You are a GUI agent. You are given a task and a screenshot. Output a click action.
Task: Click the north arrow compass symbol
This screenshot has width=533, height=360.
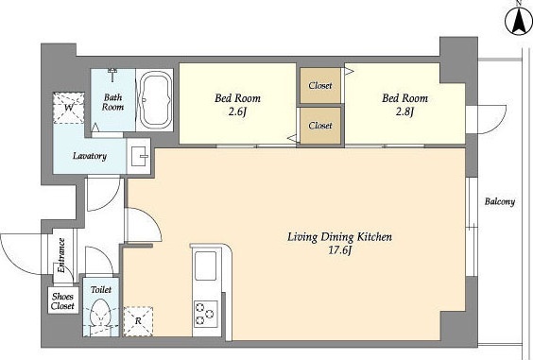519,21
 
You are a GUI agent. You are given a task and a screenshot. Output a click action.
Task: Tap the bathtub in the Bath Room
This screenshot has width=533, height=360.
156,100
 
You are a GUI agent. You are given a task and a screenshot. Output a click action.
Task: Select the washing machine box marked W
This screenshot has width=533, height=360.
68,108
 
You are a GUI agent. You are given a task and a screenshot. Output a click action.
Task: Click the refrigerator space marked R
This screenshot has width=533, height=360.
138,321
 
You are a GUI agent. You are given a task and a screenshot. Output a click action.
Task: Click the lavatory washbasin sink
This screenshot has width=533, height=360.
140,156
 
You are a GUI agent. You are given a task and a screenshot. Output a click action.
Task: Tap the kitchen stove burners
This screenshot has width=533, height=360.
206,314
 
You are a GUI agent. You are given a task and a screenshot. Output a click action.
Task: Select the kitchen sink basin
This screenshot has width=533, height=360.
205,266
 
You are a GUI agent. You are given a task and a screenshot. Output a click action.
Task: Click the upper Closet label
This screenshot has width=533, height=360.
320,85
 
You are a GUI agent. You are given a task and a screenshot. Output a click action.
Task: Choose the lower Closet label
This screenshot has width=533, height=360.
320,126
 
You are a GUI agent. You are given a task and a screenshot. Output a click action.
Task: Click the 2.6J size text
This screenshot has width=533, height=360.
237,111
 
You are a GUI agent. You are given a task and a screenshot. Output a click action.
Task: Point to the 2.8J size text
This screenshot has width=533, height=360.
404,111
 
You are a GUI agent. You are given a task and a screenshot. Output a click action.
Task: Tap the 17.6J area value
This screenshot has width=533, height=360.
339,251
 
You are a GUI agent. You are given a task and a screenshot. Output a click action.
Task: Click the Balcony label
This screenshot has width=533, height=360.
500,201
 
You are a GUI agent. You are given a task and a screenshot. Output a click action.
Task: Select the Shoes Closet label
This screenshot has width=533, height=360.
62,300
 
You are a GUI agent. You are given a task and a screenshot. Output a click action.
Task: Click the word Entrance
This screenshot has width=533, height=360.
61,255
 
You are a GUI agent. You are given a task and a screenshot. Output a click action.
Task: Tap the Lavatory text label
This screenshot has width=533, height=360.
90,156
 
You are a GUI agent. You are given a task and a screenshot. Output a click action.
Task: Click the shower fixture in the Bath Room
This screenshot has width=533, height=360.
112,75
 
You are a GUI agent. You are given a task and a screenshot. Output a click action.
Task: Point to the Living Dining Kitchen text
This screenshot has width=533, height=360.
339,236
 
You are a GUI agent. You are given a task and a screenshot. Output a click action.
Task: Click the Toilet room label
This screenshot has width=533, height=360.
101,290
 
